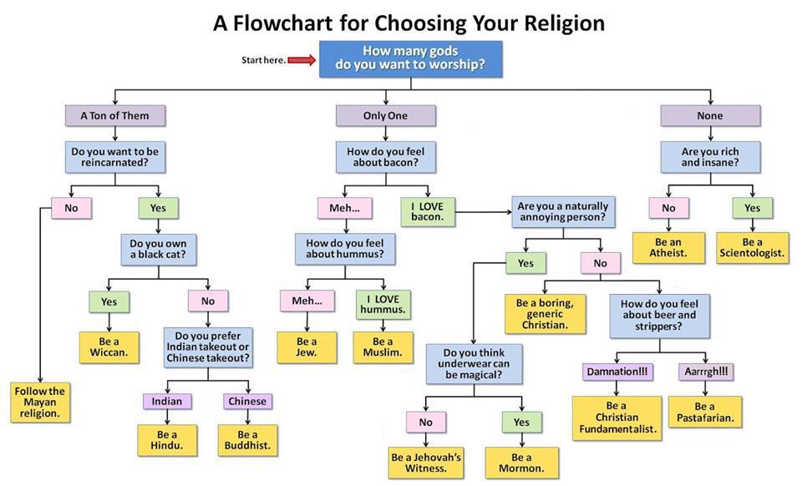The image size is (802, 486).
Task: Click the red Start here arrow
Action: [x=300, y=60]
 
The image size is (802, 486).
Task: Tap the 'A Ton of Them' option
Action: [x=114, y=115]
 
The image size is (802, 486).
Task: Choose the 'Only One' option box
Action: [x=385, y=115]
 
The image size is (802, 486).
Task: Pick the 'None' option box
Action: [x=709, y=115]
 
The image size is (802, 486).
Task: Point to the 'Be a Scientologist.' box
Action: [x=752, y=247]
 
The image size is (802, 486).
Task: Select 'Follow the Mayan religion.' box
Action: [x=39, y=402]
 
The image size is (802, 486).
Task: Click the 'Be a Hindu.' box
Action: [x=167, y=441]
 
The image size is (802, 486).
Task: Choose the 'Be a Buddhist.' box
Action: [x=248, y=441]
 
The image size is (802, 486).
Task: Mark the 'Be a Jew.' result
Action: [x=307, y=347]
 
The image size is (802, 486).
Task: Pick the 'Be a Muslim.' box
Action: [x=383, y=347]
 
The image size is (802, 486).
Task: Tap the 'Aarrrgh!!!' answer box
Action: [x=706, y=370]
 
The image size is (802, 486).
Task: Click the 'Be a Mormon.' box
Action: [x=521, y=463]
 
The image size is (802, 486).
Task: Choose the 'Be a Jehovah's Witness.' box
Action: [x=426, y=463]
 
